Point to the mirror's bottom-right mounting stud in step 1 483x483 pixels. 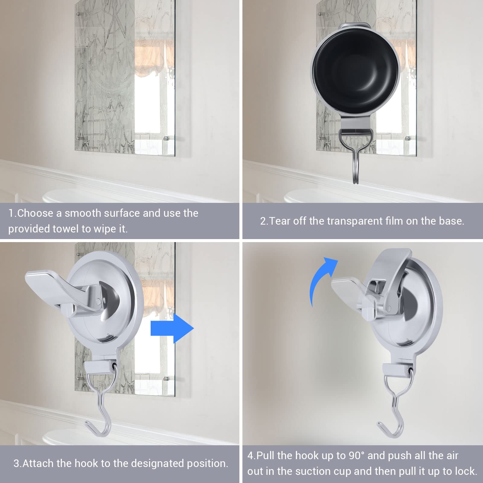click(x=165, y=139)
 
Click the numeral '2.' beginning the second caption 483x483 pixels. click(x=264, y=221)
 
